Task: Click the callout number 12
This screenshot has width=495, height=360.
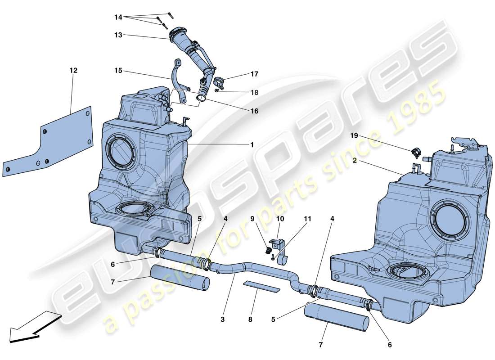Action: (x=73, y=71)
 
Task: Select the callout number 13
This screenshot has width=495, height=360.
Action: (x=118, y=35)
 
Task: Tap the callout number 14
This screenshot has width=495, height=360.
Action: (x=118, y=17)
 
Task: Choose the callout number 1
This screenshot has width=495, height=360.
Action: (x=252, y=144)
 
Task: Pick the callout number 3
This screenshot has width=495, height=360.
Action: (x=222, y=320)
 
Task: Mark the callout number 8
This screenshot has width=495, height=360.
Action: (x=250, y=320)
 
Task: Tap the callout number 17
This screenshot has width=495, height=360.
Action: (x=255, y=74)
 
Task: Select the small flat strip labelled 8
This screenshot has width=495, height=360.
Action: (x=261, y=286)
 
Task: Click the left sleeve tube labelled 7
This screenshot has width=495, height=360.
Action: (x=180, y=277)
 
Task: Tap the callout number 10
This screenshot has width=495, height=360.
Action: (x=280, y=219)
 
